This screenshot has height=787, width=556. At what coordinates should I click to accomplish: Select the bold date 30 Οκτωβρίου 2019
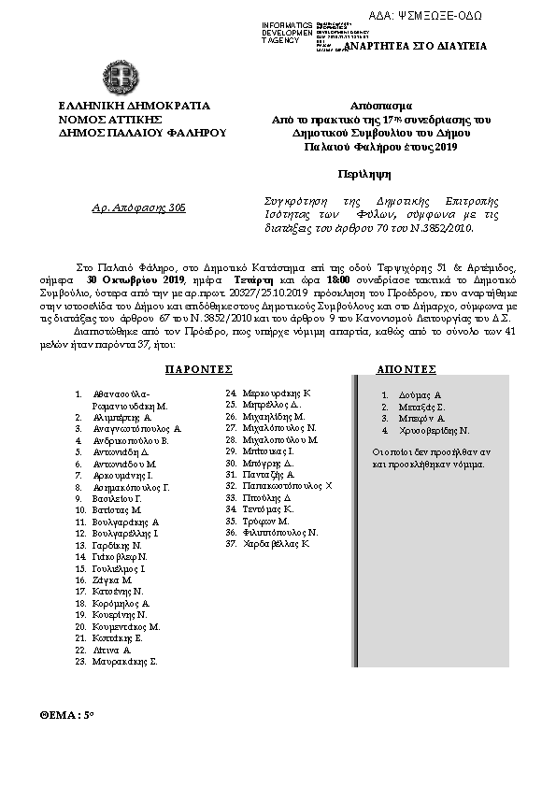(x=135, y=279)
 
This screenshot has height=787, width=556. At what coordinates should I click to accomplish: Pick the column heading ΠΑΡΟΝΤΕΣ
(x=197, y=370)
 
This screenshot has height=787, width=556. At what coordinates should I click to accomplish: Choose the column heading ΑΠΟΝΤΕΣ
(x=406, y=370)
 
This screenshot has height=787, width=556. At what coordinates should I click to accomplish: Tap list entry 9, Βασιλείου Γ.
(x=117, y=498)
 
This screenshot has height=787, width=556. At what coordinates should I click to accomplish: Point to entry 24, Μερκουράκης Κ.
(x=275, y=394)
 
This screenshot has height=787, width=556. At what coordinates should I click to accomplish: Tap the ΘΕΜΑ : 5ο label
(x=68, y=713)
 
